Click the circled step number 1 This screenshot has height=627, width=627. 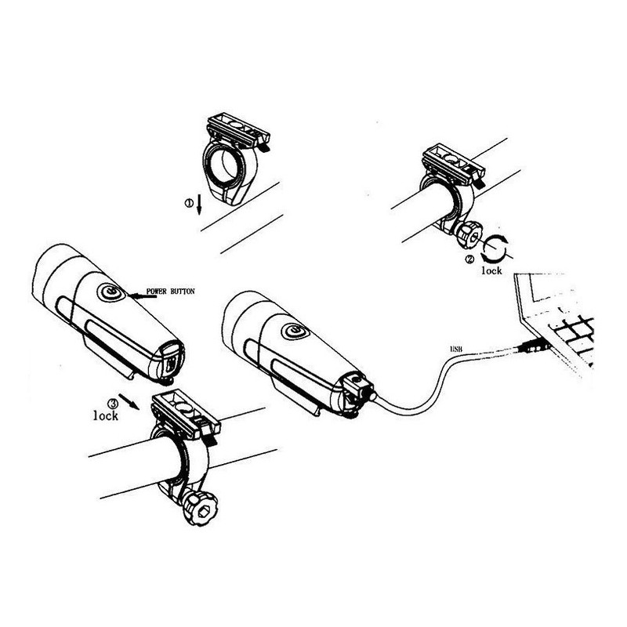(189, 203)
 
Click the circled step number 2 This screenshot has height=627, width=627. (469, 259)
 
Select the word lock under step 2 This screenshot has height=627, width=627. (491, 270)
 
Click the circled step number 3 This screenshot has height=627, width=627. (113, 403)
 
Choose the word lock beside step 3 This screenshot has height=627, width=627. (106, 415)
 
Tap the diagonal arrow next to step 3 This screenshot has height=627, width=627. (129, 402)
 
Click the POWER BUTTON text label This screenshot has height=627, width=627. (171, 291)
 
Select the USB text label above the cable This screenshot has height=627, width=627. (456, 349)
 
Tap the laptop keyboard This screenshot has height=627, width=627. (572, 334)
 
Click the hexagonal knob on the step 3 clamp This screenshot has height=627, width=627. (200, 509)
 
